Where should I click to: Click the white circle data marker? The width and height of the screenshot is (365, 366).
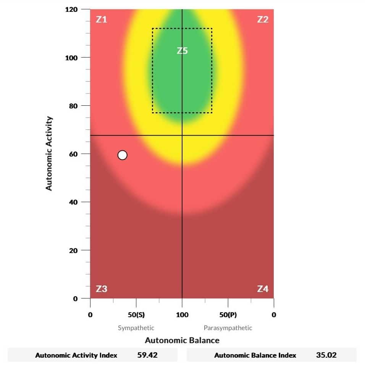pyautogui.click(x=123, y=155)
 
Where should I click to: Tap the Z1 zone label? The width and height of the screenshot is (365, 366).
pyautogui.click(x=101, y=19)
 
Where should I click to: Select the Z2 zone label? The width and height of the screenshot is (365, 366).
pyautogui.click(x=263, y=19)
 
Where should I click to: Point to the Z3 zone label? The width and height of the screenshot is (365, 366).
pyautogui.click(x=101, y=289)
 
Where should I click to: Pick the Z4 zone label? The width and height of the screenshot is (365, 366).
pyautogui.click(x=263, y=289)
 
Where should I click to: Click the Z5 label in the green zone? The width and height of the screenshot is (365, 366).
pyautogui.click(x=182, y=51)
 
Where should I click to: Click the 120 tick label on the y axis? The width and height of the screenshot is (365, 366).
pyautogui.click(x=71, y=10)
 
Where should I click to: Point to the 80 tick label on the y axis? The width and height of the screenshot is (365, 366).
pyautogui.click(x=73, y=106)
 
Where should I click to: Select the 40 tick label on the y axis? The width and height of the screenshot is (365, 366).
pyautogui.click(x=73, y=202)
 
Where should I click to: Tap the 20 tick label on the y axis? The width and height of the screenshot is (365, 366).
pyautogui.click(x=73, y=250)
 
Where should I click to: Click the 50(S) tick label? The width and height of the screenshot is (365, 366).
pyautogui.click(x=136, y=315)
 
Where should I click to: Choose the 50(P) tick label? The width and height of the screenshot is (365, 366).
pyautogui.click(x=228, y=315)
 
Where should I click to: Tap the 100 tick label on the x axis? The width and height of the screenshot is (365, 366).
pyautogui.click(x=182, y=315)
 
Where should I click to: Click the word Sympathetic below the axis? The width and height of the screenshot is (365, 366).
pyautogui.click(x=136, y=328)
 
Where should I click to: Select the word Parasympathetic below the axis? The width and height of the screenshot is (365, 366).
pyautogui.click(x=228, y=328)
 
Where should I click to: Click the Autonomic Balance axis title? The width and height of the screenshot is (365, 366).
pyautogui.click(x=182, y=340)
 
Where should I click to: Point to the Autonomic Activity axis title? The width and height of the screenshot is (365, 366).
pyautogui.click(x=49, y=153)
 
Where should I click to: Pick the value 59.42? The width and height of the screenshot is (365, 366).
pyautogui.click(x=147, y=355)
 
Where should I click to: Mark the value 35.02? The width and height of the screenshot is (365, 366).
pyautogui.click(x=326, y=355)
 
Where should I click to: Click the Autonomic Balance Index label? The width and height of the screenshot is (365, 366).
pyautogui.click(x=255, y=355)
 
